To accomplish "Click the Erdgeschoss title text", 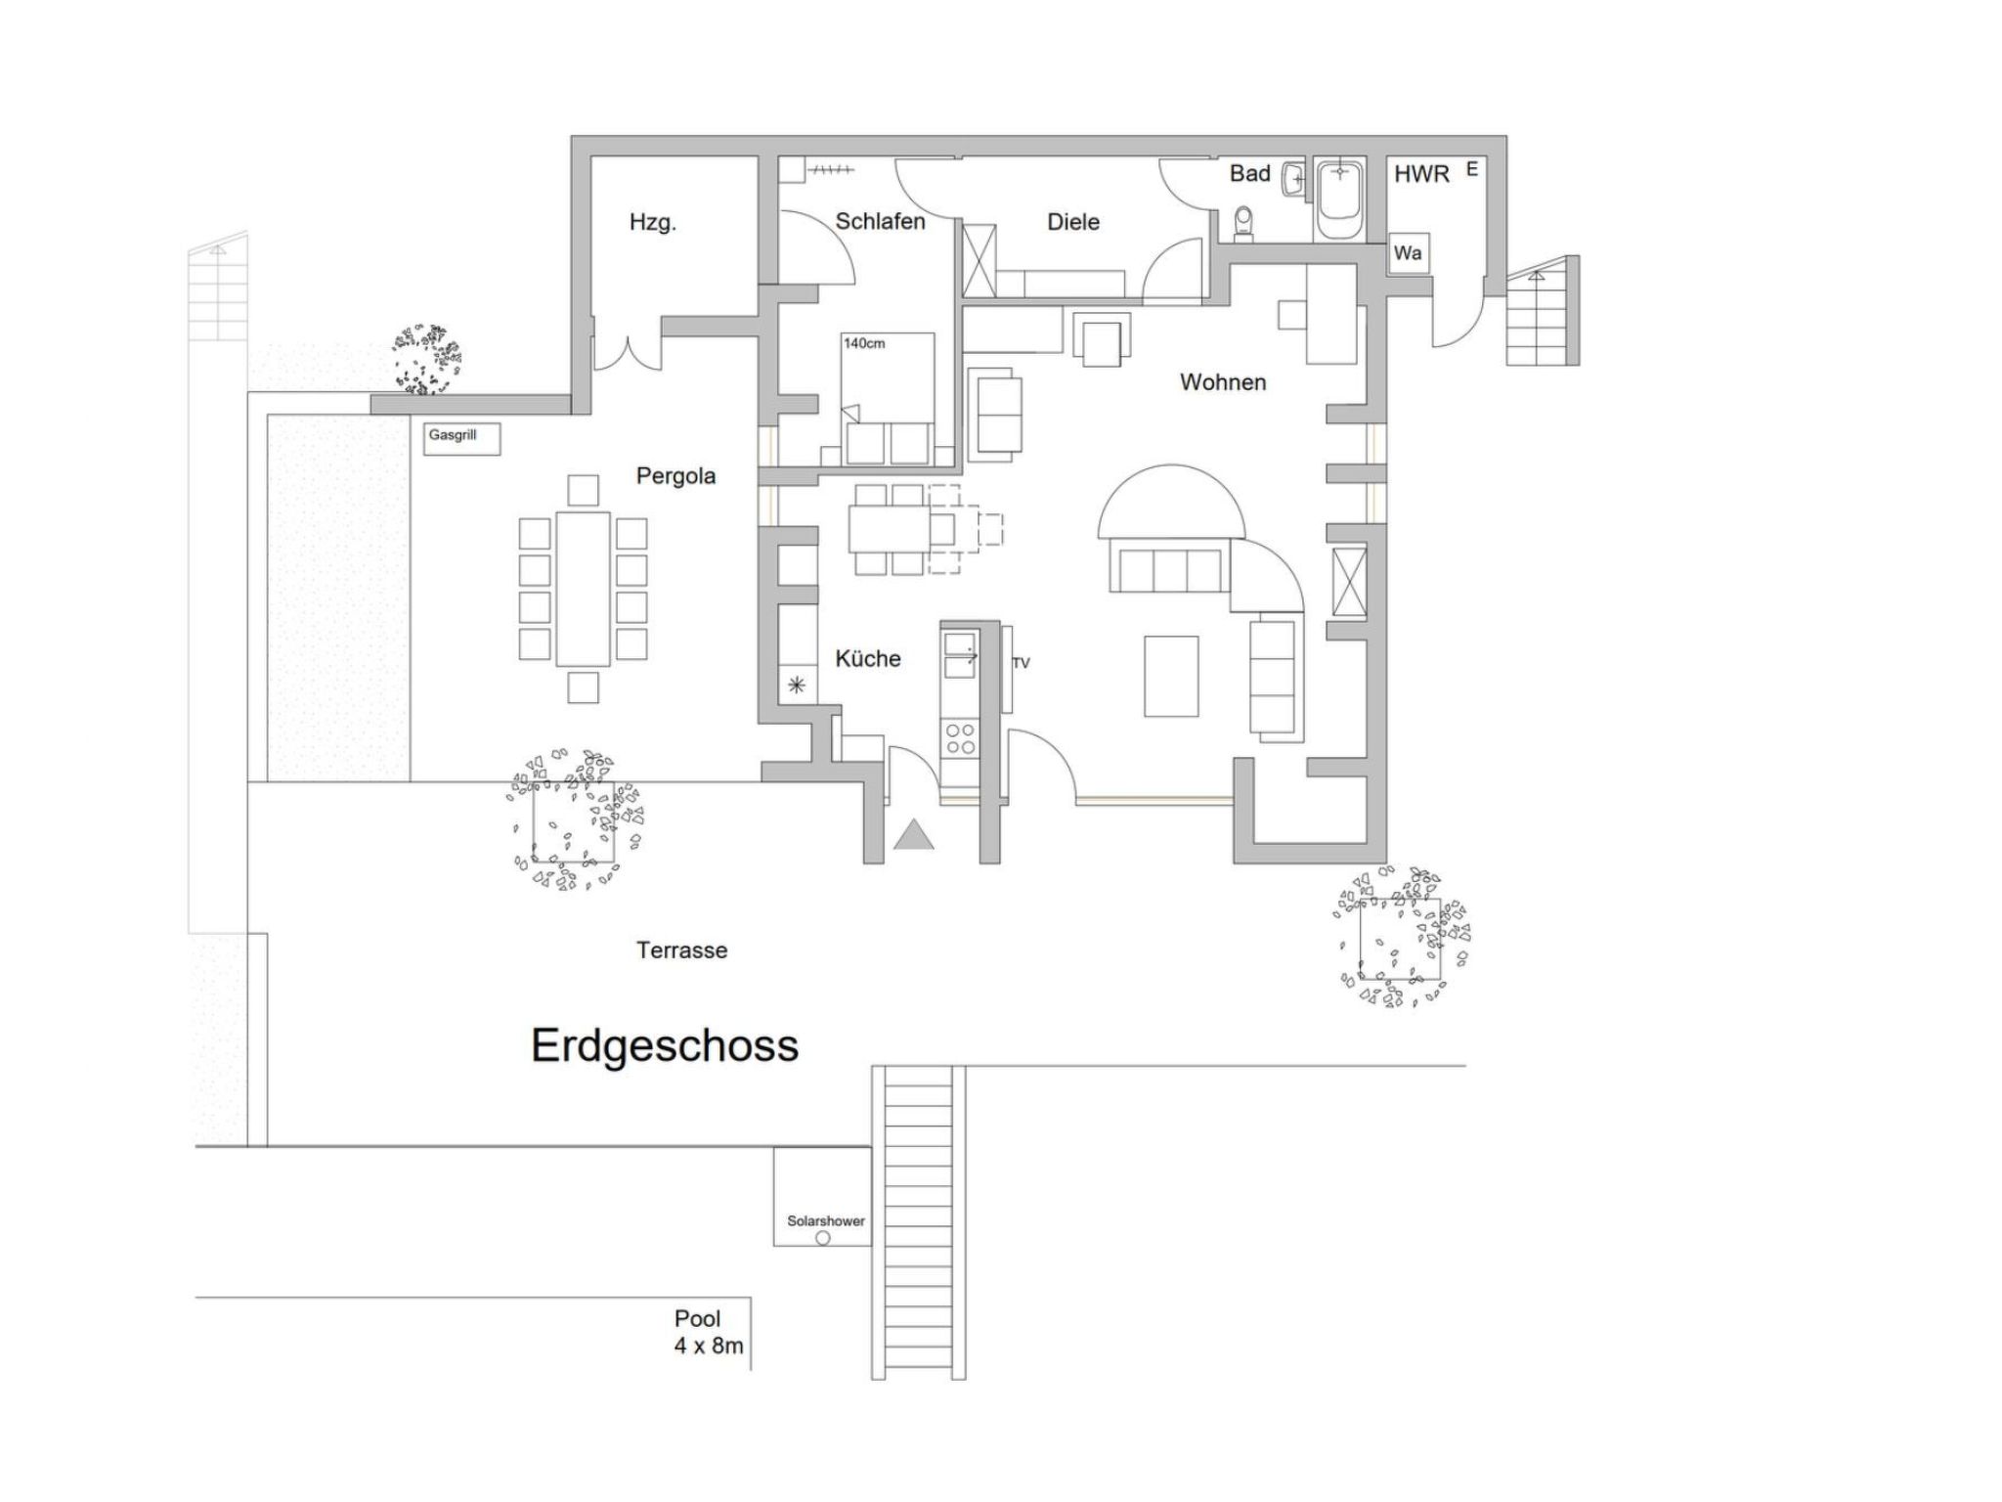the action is click(x=665, y=1045).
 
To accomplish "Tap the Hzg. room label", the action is click(x=652, y=223).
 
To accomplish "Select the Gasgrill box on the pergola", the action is click(x=463, y=439).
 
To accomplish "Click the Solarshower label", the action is click(x=826, y=1221).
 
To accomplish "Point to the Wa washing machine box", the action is click(x=1408, y=253).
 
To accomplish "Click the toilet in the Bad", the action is click(x=1243, y=223).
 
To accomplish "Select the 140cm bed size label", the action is click(x=864, y=343).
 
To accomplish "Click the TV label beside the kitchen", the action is click(x=1021, y=663).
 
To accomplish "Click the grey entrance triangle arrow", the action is click(x=914, y=834).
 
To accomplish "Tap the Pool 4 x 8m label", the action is click(x=709, y=1332).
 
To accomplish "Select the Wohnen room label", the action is click(x=1223, y=382).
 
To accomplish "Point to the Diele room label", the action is click(x=1073, y=222).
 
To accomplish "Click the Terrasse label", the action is click(x=682, y=950).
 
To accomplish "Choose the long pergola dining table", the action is click(x=584, y=589).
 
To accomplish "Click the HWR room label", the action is click(x=1421, y=174).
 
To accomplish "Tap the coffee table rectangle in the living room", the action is click(x=1171, y=676).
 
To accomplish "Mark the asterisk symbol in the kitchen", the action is click(x=797, y=685).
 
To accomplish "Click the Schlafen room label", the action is click(x=880, y=221).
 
